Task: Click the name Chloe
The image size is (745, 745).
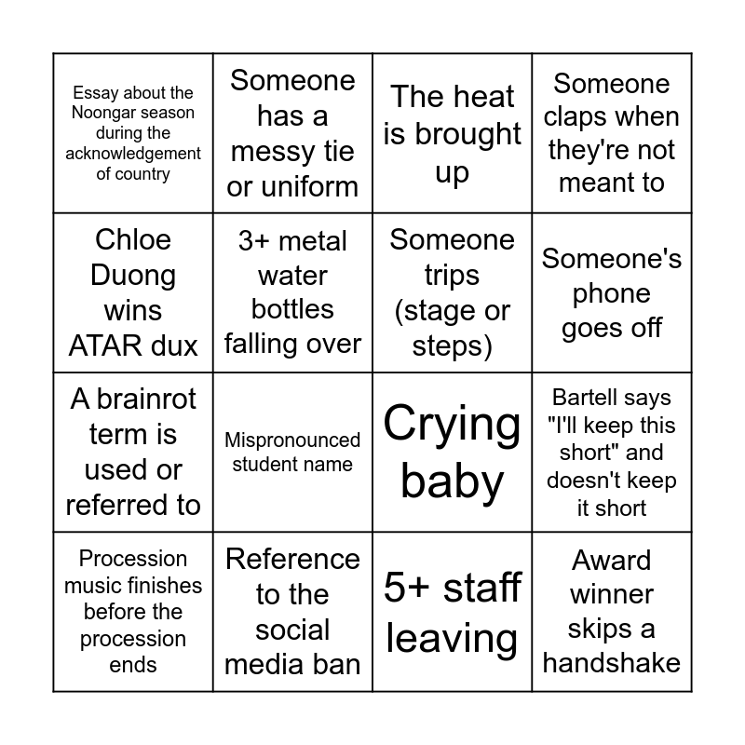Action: [x=133, y=239]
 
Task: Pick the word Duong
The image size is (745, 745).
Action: [x=133, y=275]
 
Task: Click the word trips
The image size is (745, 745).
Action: [x=453, y=275]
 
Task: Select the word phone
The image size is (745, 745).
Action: [x=612, y=293]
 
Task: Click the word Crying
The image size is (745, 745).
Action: [x=453, y=424]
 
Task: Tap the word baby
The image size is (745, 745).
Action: [x=453, y=481]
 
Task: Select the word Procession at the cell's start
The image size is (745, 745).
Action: [x=133, y=559]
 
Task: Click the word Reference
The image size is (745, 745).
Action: [x=292, y=559]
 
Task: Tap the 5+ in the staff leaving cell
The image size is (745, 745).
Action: [x=407, y=587]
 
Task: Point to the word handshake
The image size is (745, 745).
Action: [x=612, y=663]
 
